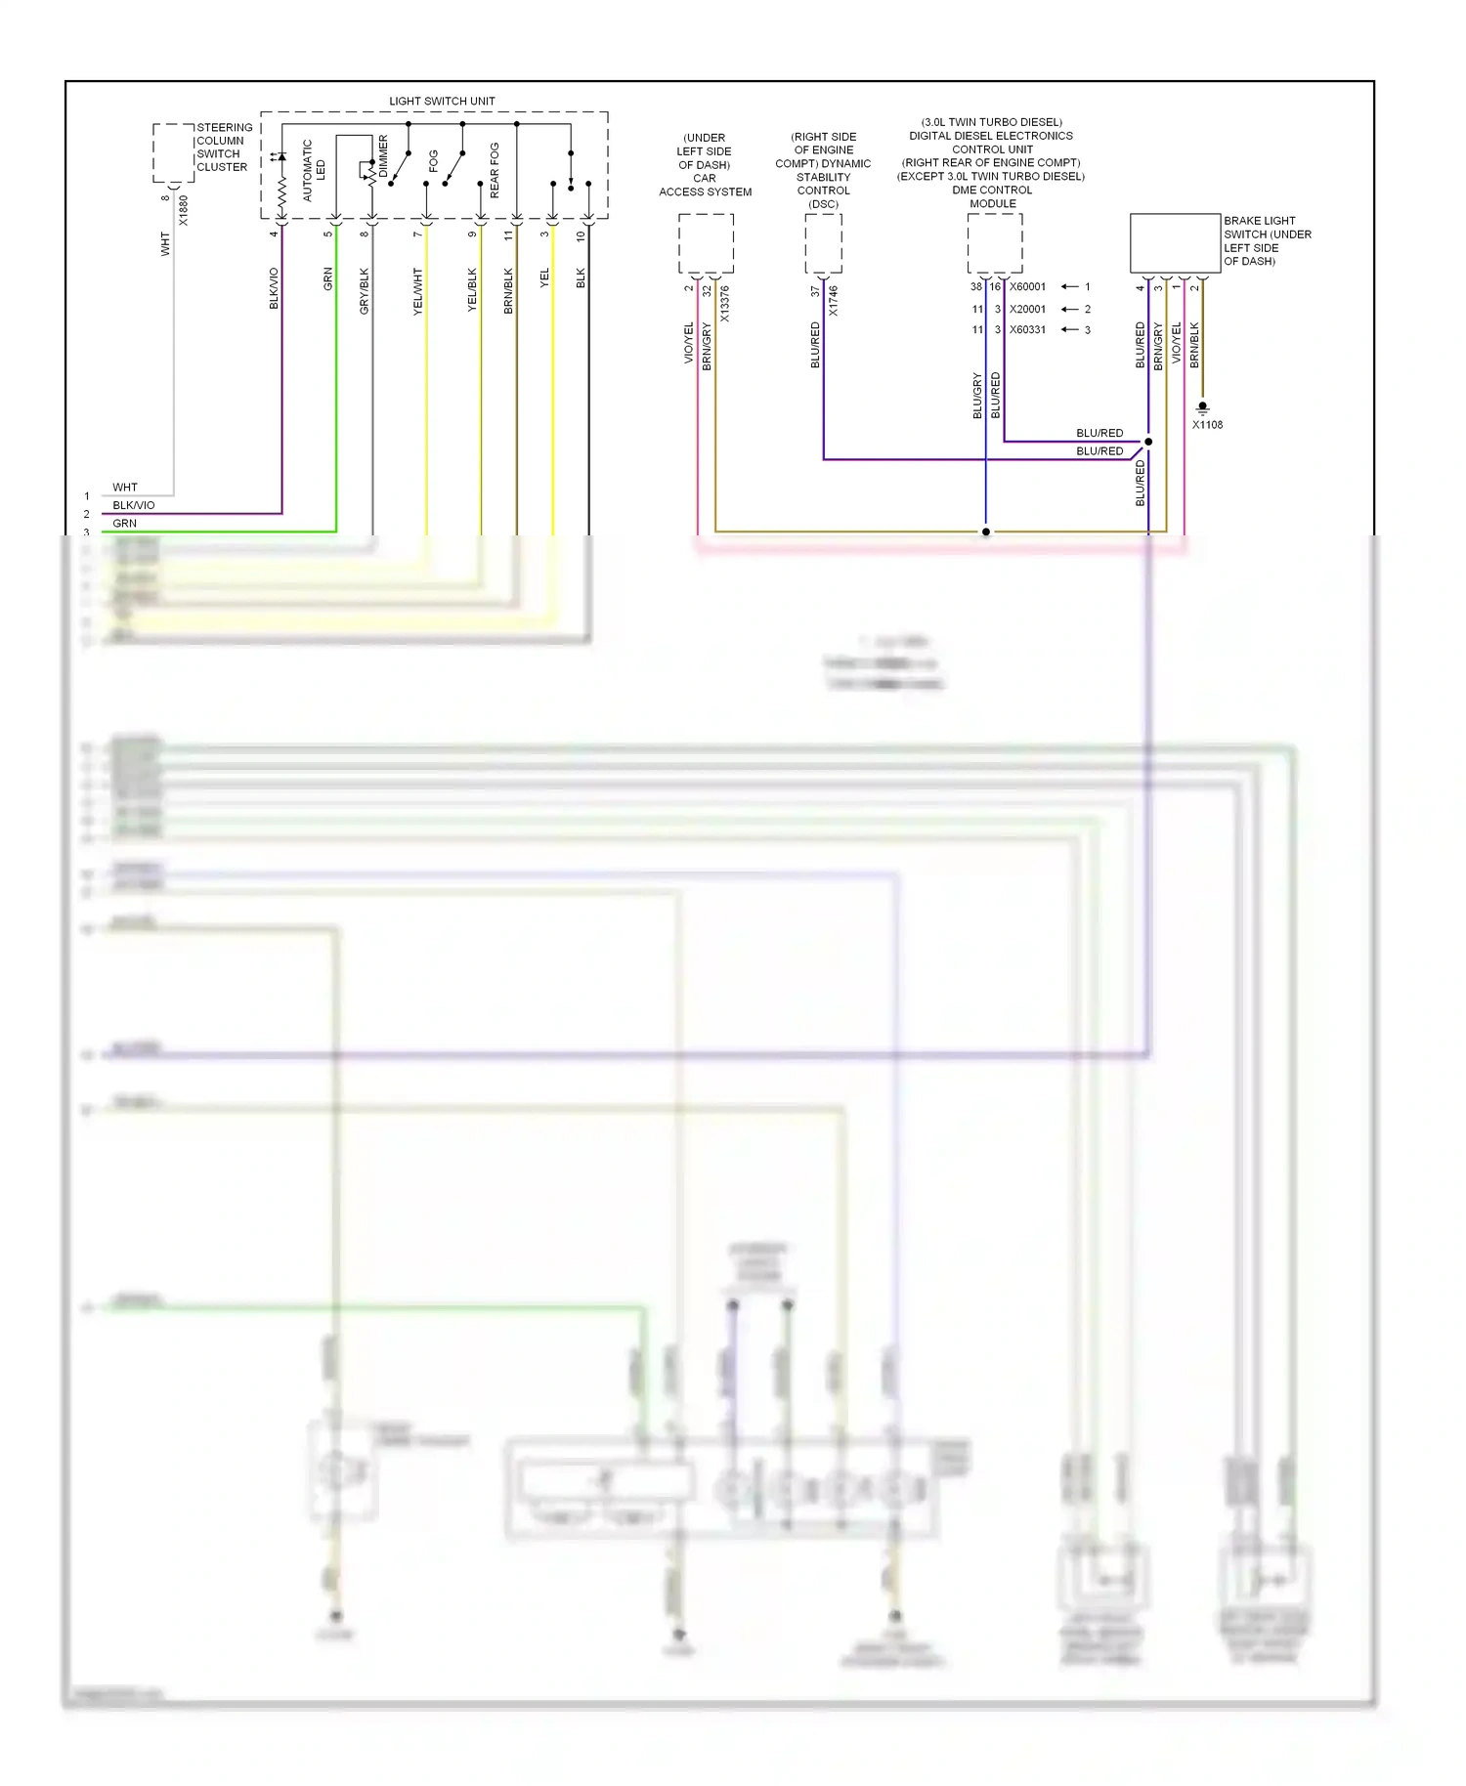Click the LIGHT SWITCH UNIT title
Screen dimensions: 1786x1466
pos(442,102)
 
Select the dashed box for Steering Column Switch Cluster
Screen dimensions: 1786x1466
pos(173,152)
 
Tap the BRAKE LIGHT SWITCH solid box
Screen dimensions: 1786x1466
pos(1175,243)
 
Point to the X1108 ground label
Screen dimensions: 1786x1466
pos(1207,425)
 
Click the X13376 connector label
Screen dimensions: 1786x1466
pos(724,304)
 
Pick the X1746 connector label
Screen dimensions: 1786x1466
pos(833,300)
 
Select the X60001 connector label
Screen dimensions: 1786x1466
pos(1027,287)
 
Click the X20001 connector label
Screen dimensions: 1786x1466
pos(1027,309)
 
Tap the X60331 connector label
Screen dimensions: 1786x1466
pos(1027,330)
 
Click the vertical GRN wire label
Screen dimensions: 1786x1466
pos(328,278)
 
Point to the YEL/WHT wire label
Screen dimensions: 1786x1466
pos(418,290)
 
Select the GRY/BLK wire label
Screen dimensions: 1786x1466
pos(365,290)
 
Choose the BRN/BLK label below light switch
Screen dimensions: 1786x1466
pos(508,290)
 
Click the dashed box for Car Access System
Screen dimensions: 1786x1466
pos(706,243)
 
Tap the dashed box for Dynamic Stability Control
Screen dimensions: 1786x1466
pos(823,243)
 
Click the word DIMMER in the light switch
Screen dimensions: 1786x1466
pos(383,156)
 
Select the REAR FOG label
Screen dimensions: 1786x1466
pos(495,170)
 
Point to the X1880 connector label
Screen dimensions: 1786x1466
pos(184,210)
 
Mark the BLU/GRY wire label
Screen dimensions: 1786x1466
pos(977,395)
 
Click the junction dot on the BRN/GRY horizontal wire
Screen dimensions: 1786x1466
pos(985,532)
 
